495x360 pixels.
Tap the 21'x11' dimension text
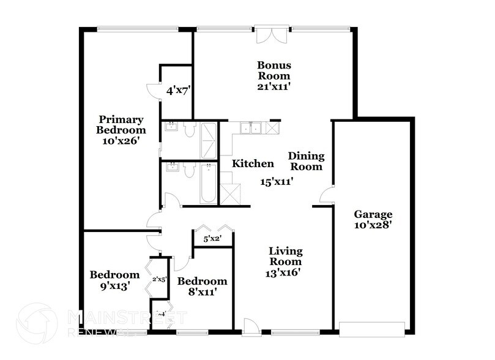coord(274,86)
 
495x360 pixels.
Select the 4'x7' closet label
coord(179,91)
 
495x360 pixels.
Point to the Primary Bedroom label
coord(121,125)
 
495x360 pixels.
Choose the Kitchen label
coord(252,163)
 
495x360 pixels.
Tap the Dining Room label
coord(306,161)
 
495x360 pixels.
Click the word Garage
coord(373,214)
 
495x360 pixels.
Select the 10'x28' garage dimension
coord(373,225)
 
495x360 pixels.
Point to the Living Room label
coord(286,257)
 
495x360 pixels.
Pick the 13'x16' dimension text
coord(286,272)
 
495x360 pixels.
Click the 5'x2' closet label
coord(212,239)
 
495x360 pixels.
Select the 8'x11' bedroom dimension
coord(202,292)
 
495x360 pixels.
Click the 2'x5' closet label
coord(159,280)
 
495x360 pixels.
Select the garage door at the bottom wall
coord(372,329)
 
